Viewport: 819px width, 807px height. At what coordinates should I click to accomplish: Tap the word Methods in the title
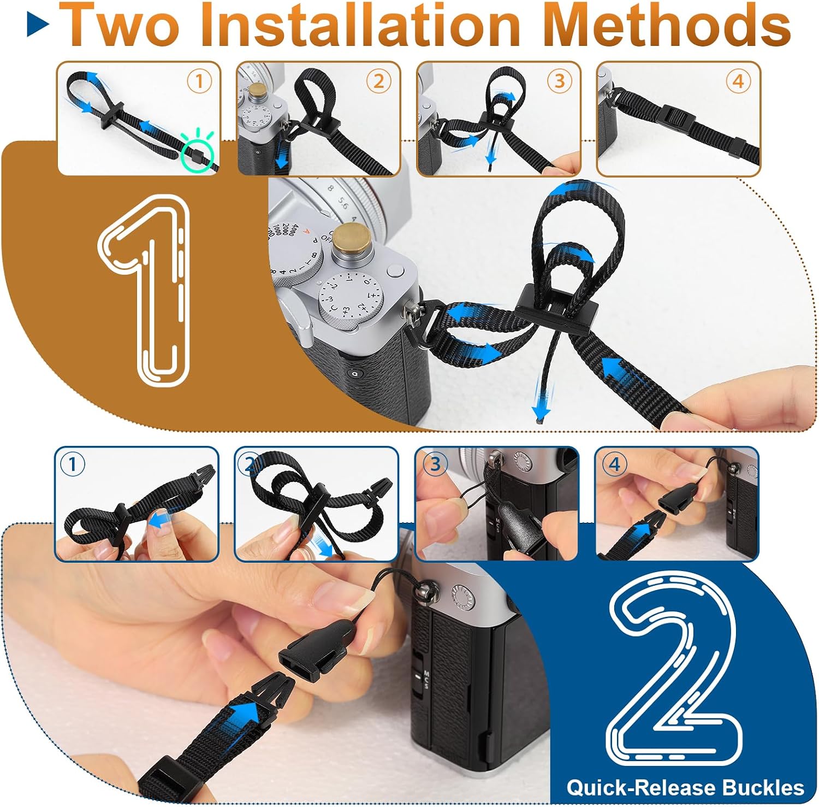coord(667,25)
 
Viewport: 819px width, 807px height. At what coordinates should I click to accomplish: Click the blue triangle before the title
coord(38,26)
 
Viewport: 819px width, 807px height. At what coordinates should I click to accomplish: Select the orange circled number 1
coord(199,81)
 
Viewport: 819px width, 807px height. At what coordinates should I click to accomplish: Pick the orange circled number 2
coord(378,81)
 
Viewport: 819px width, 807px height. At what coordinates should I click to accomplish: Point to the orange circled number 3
coord(559,81)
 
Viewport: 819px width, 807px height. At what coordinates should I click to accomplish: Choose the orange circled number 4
coord(738,81)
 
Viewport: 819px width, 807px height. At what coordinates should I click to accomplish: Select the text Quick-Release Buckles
coord(685,787)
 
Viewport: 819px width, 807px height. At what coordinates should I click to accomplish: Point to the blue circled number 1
coord(72,464)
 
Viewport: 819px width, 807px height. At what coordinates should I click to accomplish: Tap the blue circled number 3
coord(435,464)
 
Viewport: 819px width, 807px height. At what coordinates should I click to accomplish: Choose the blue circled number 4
coord(614,464)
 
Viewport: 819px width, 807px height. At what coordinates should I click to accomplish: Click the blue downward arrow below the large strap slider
coord(542,402)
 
